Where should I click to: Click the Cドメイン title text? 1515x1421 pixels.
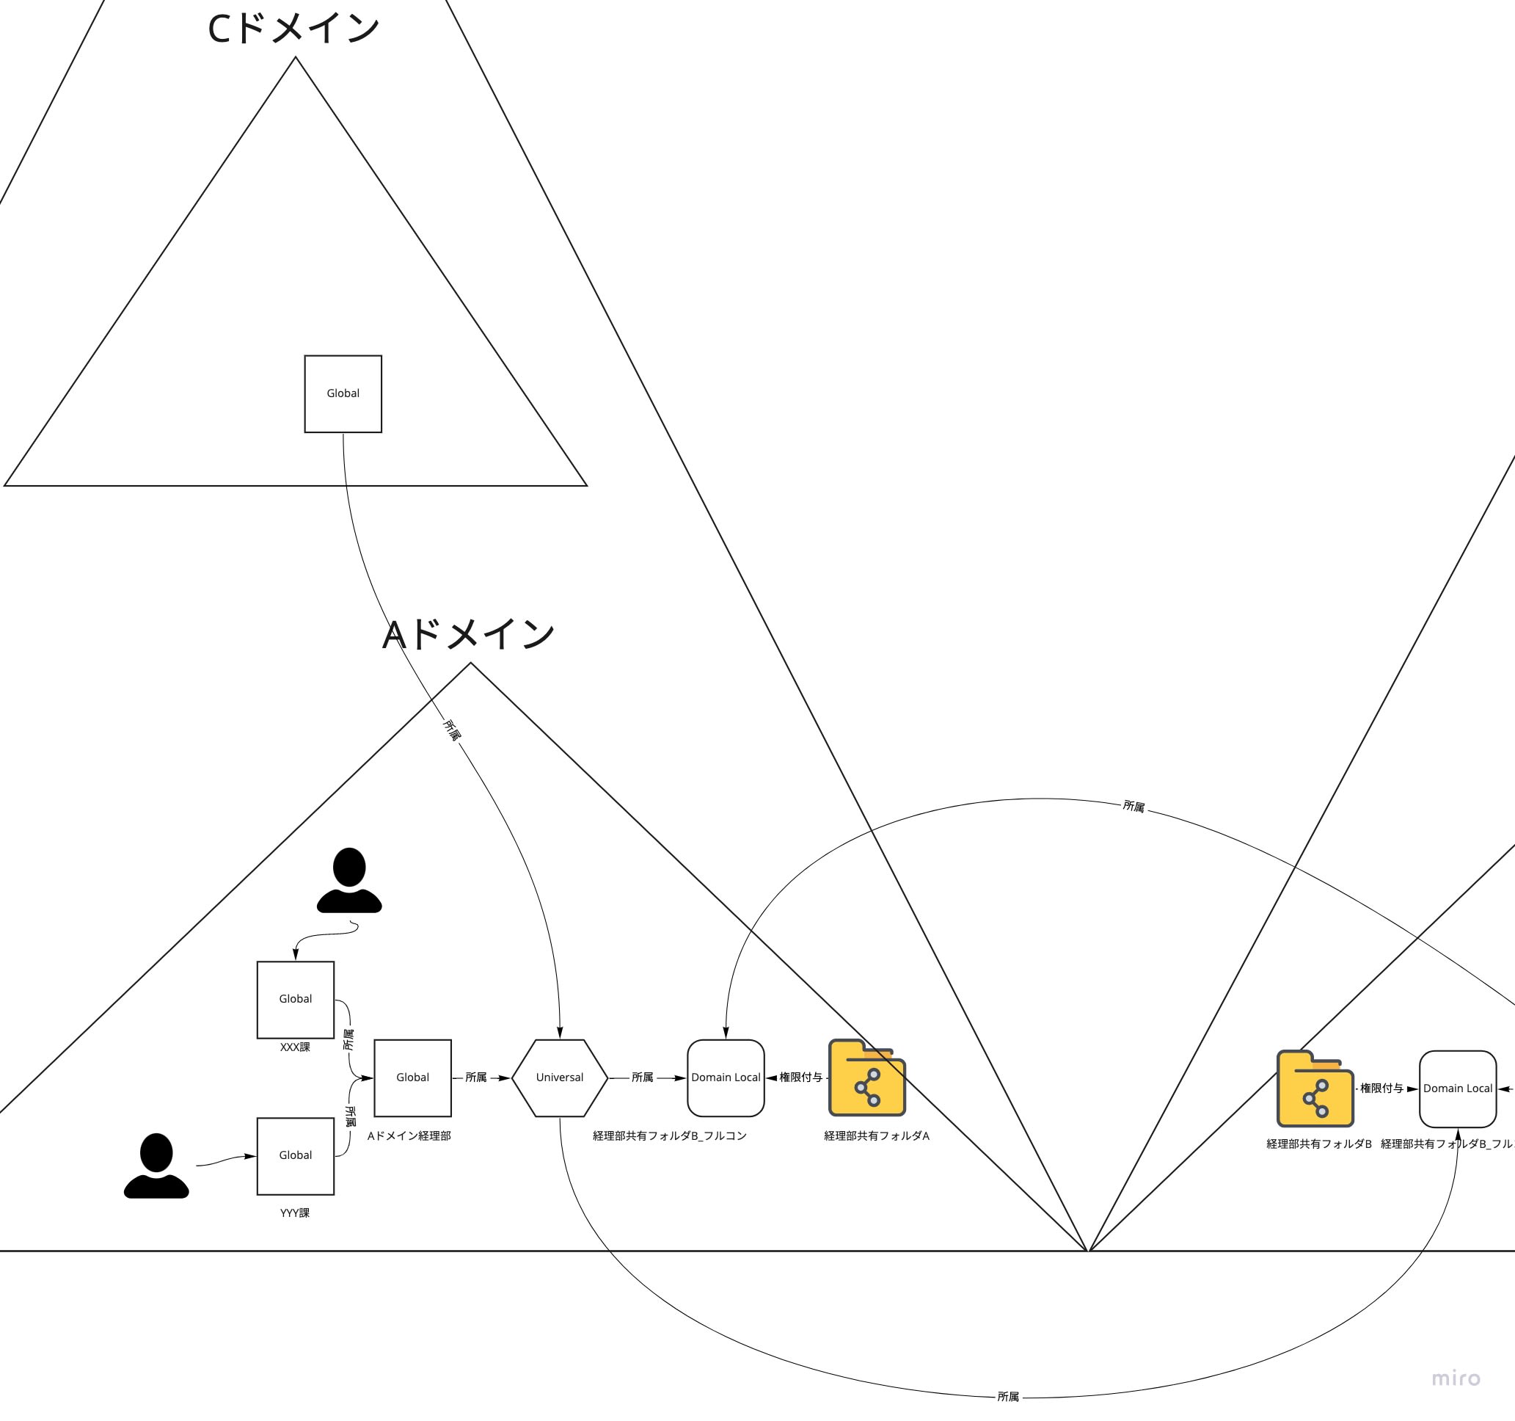293,29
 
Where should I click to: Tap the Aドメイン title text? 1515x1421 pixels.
468,634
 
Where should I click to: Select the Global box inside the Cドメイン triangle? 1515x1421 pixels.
343,393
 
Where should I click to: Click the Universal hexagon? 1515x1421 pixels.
559,1077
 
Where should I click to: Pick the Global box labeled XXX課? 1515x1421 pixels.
296,999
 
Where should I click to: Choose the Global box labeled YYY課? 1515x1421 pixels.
296,1155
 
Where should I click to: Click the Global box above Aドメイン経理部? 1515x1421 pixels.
412,1077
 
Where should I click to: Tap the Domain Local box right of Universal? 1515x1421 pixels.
726,1077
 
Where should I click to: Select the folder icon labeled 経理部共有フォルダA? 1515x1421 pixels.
867,1077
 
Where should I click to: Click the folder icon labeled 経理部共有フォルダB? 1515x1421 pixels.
1315,1089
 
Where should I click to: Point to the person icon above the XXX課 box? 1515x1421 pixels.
349,880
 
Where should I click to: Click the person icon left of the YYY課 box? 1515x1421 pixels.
156,1166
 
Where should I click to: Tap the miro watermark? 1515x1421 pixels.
1456,1378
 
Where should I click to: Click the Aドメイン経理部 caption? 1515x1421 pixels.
409,1136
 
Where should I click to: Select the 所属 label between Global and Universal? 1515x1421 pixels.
475,1077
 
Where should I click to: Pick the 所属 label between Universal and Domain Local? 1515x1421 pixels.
643,1077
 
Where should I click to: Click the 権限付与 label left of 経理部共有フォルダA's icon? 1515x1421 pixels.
800,1077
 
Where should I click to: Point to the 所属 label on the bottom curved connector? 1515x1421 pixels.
1007,1397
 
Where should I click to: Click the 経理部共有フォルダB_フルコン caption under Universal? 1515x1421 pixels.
670,1136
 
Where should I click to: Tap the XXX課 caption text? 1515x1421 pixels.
295,1047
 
